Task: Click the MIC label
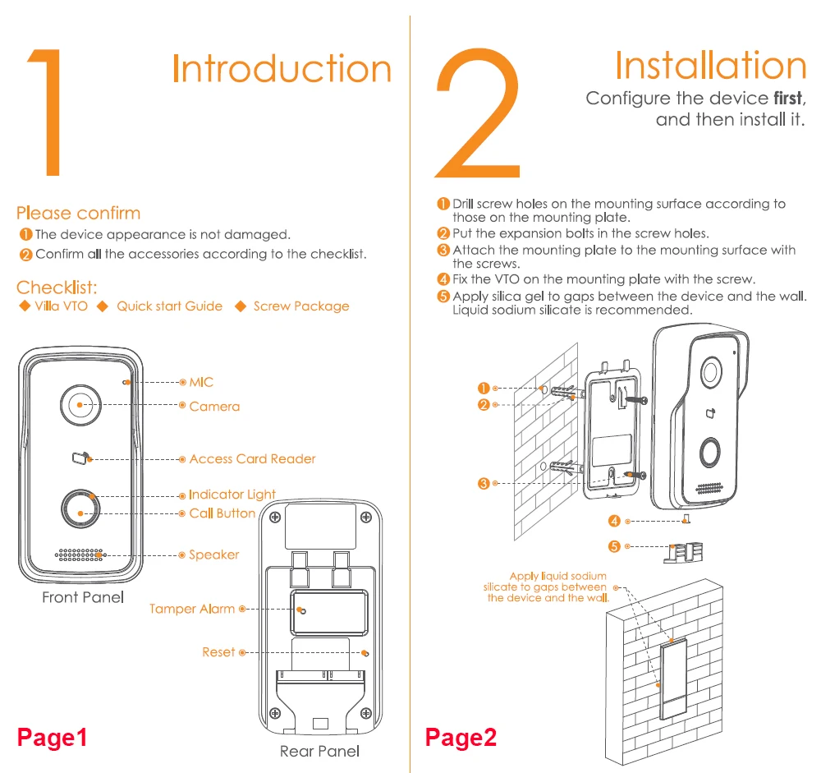pos(201,382)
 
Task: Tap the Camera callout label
pos(214,406)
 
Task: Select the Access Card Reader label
pos(252,459)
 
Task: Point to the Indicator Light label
pos(232,495)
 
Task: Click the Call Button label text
pos(222,513)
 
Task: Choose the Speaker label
pos(214,555)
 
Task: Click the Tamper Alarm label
pos(192,609)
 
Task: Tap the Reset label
pos(218,652)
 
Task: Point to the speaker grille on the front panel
pos(80,554)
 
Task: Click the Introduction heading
pos(282,69)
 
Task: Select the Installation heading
pos(710,65)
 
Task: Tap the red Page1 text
pos(53,737)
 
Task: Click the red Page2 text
pos(461,737)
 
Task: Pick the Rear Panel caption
pos(319,751)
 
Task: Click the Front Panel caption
pos(83,597)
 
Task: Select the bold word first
pos(788,99)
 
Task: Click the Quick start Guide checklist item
pos(169,306)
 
